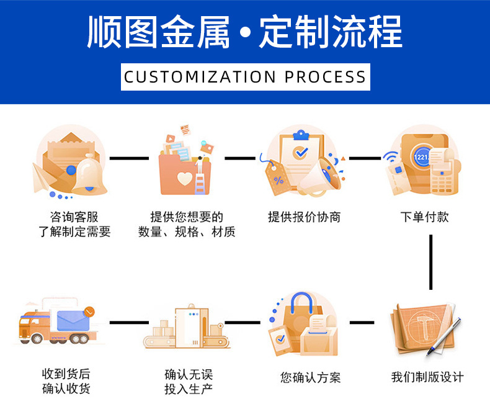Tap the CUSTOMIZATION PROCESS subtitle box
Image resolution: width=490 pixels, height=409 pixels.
(245, 77)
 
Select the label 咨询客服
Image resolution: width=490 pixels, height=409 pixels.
(74, 217)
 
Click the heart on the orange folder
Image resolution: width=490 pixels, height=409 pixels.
(184, 179)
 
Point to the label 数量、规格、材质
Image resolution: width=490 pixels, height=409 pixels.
(187, 233)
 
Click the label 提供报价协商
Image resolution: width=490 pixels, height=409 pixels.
(304, 217)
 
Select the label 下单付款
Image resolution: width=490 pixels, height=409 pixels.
(424, 217)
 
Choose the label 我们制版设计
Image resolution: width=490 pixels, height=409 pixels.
(427, 377)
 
